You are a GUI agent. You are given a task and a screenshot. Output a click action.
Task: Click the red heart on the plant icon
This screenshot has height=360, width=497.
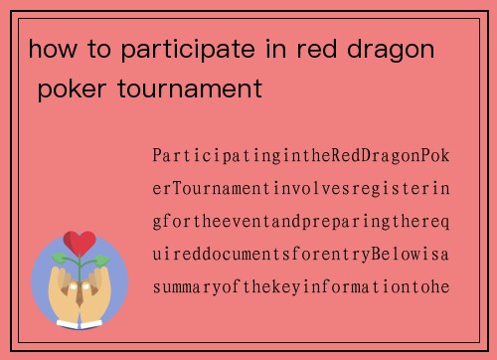80,243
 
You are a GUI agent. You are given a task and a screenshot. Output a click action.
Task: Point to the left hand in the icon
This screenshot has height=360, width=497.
62,291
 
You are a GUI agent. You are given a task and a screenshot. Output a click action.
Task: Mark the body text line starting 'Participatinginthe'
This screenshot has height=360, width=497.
301,156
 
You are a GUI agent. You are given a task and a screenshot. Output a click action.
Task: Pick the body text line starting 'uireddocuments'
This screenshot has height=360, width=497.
301,255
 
